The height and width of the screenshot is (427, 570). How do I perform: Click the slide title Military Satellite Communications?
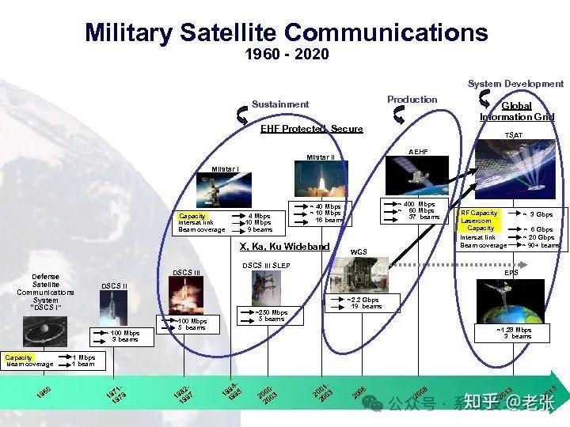coord(286,32)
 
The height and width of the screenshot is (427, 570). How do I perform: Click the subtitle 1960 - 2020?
coord(287,55)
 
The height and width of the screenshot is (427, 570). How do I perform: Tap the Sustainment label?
coord(280,104)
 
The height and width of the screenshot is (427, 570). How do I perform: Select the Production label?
coord(412,100)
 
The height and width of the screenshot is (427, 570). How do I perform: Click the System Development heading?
coord(515,84)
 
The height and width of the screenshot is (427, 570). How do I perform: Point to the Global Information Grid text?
coord(516,111)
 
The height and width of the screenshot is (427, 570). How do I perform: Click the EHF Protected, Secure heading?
coord(312,129)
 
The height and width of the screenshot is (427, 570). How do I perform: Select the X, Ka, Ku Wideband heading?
coord(284,247)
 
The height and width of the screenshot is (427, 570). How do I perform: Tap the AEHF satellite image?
coord(416,176)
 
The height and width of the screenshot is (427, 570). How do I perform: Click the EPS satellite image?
coord(503,301)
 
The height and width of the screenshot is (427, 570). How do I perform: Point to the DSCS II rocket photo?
coord(113,307)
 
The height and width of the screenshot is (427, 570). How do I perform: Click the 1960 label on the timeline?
coord(44,392)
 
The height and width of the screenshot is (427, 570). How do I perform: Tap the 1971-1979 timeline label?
coord(116,393)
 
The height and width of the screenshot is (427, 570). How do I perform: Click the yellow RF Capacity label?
coord(479,213)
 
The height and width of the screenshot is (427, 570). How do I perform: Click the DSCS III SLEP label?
coord(266,266)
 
